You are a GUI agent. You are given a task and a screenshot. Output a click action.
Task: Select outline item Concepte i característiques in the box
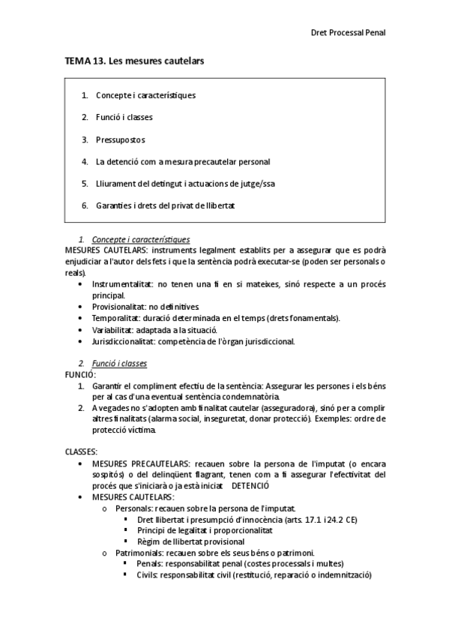click(x=146, y=95)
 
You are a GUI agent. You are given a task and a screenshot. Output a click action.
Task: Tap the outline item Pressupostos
click(x=121, y=139)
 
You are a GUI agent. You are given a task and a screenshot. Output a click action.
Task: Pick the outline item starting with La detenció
click(x=183, y=161)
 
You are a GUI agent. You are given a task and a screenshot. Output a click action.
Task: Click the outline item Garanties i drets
click(x=165, y=205)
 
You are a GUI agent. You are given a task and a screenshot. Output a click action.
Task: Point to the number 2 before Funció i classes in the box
click(x=85, y=118)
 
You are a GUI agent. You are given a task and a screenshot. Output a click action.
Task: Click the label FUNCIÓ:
click(x=80, y=374)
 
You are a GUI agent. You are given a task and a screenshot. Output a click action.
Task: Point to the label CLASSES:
click(x=82, y=452)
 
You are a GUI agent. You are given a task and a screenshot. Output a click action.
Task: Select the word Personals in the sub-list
click(x=135, y=508)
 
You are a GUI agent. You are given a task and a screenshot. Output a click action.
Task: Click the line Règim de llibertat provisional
click(x=191, y=541)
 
